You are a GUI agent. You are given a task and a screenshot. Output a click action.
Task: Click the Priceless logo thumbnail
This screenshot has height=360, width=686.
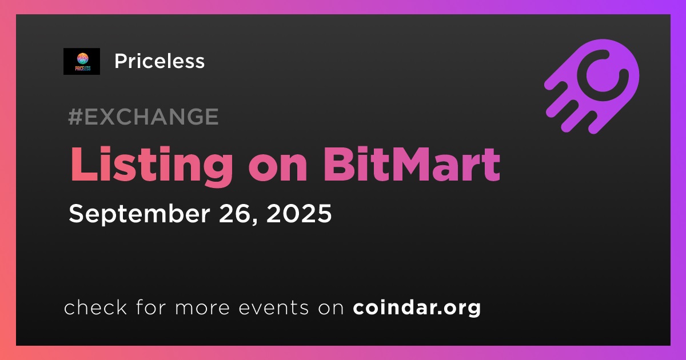point(82,61)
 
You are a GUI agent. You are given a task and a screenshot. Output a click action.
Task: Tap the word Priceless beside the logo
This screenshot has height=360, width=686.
point(159,61)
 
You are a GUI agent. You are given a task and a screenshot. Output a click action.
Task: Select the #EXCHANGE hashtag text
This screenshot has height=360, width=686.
point(143,117)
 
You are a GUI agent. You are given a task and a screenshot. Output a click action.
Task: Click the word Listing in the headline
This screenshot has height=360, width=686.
point(151,165)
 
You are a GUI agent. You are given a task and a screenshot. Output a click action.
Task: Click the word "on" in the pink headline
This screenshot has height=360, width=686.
point(278,169)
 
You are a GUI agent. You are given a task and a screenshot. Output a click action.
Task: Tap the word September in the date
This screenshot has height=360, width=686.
point(139,214)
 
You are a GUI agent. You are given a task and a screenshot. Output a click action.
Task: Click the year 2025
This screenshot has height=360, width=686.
point(299,213)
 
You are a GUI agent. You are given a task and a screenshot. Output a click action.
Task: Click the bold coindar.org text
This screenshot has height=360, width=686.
point(417,307)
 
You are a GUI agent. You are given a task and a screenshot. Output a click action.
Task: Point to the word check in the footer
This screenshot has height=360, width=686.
point(95,307)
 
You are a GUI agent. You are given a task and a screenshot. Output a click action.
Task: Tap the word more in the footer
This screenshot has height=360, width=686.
point(202,308)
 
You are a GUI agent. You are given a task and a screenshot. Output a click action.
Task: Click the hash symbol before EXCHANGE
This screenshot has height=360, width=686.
point(75,117)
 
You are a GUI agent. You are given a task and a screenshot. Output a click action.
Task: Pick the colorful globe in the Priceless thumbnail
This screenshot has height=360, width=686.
point(82,58)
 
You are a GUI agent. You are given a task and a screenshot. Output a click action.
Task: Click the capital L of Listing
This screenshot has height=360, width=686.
point(83,165)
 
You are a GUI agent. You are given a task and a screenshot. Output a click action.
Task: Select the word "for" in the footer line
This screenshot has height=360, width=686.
point(151,307)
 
